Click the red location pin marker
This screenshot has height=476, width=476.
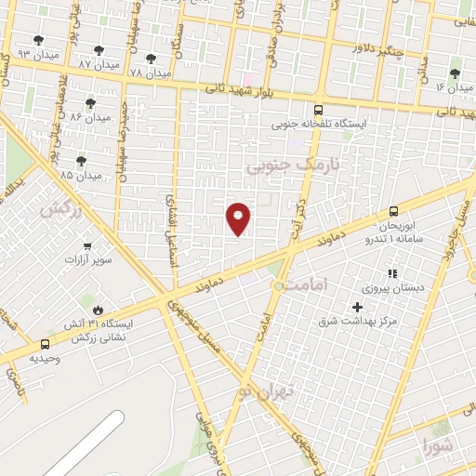[x=240, y=218]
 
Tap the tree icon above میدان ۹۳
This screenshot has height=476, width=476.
[x=38, y=40]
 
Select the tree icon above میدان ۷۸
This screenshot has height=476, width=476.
[x=151, y=59]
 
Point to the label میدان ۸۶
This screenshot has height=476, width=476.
[x=89, y=117]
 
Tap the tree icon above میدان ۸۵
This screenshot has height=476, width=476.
[x=81, y=161]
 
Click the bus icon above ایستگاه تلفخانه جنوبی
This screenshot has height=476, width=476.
[x=319, y=109]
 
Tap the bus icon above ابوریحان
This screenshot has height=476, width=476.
[x=393, y=211]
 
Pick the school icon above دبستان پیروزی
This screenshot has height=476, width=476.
[x=391, y=274]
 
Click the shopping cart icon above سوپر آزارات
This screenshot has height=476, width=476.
[x=87, y=245]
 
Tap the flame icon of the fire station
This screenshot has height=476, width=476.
[x=98, y=310]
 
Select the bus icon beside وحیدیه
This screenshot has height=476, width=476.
[x=46, y=343]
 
